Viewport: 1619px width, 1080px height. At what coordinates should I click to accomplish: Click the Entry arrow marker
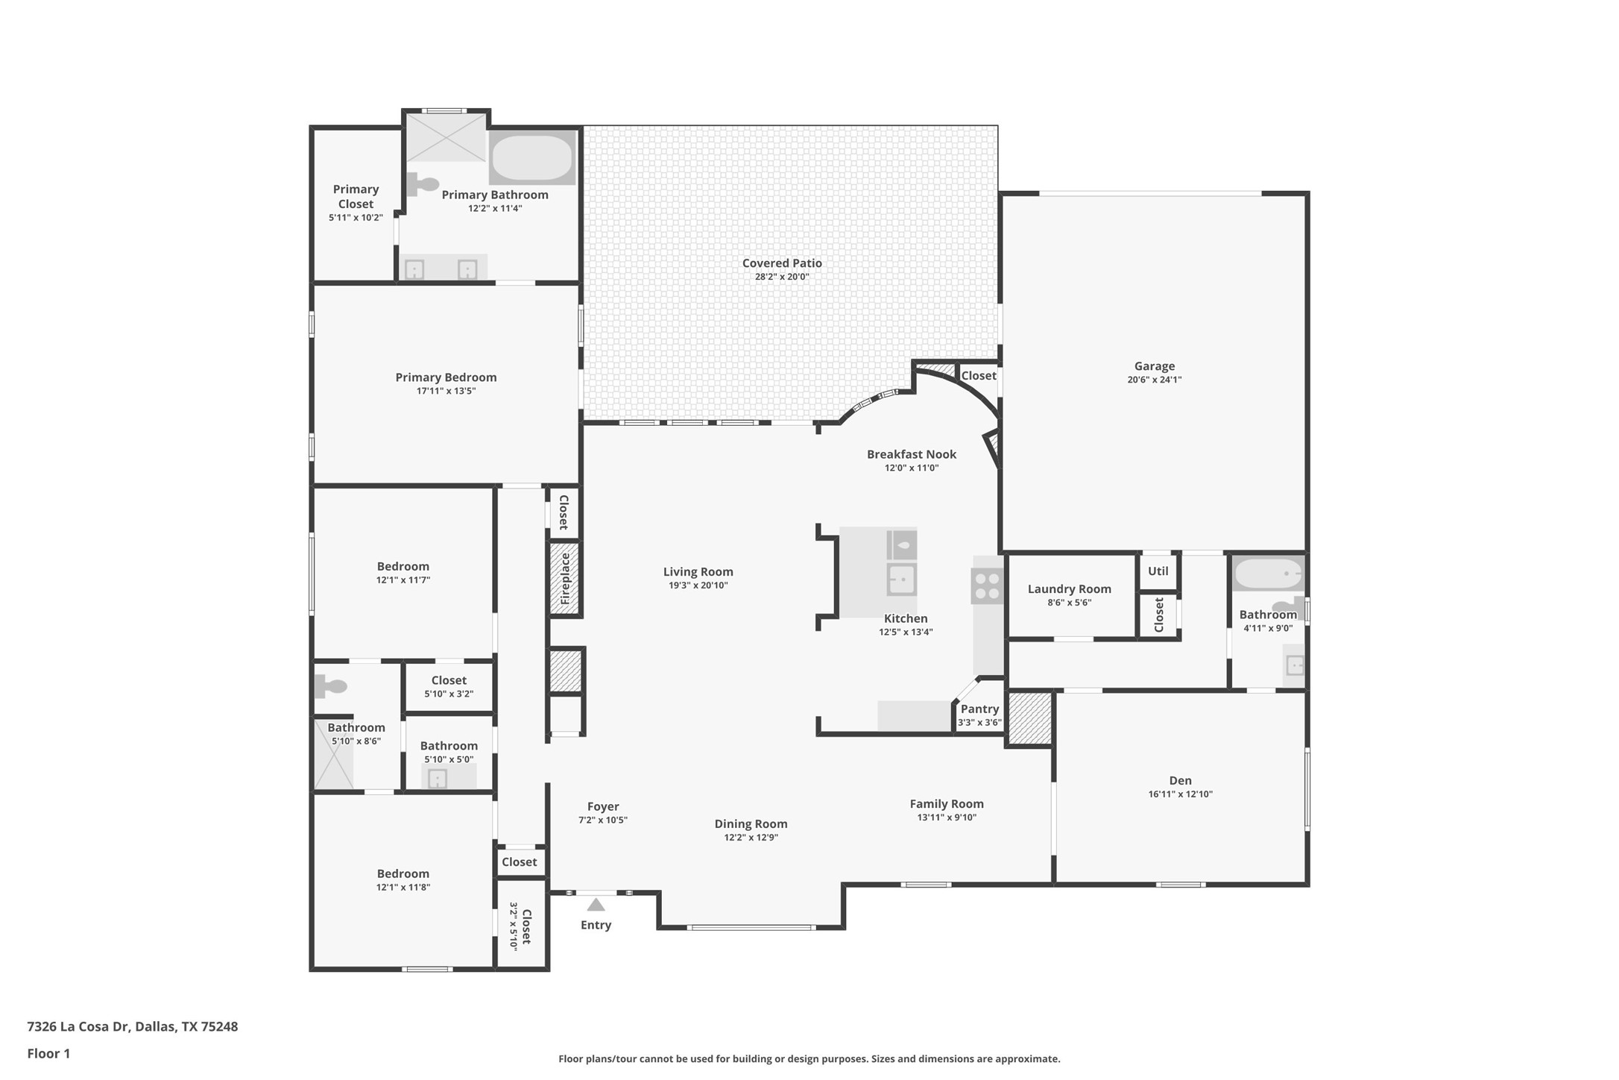596,905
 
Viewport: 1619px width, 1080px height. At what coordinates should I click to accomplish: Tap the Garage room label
1155,366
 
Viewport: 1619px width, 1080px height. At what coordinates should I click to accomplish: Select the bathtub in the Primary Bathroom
532,157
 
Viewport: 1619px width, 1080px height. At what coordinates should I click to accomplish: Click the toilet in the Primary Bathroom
423,183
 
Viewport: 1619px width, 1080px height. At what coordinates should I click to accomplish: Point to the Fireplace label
565,579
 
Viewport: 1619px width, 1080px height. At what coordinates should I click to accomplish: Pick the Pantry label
979,709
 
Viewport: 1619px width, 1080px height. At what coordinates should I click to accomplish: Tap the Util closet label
1158,571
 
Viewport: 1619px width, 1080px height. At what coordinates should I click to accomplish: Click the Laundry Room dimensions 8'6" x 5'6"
1070,603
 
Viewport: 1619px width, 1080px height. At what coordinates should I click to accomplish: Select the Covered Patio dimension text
782,277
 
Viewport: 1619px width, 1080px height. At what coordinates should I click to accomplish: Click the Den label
1181,781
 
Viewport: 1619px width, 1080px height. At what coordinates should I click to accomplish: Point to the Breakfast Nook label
912,454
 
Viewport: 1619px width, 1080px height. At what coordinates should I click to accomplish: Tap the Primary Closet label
356,197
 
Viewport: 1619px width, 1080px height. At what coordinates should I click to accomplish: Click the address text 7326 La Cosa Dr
78,1026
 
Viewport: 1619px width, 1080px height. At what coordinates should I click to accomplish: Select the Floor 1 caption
48,1054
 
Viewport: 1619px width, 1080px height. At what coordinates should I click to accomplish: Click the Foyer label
603,807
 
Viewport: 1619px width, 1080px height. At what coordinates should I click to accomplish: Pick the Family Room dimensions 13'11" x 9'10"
947,817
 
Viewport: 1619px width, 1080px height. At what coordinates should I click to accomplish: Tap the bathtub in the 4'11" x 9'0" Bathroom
1268,574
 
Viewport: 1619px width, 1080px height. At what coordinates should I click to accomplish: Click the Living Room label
698,572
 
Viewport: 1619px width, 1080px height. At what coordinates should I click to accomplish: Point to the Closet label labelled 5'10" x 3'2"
449,680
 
